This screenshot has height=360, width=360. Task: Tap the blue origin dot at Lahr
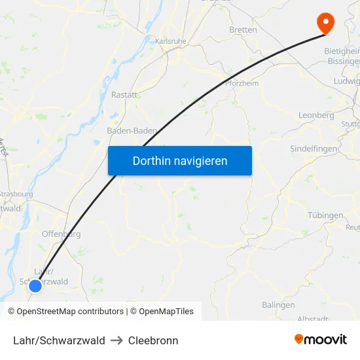36,285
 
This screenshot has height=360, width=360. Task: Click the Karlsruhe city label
170,41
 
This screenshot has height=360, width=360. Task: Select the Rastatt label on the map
124,95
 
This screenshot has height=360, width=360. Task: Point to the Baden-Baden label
132,131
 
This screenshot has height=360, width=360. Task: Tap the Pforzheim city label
242,84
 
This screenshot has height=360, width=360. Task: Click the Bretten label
243,30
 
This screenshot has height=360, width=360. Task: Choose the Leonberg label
316,115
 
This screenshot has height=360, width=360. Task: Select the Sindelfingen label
314,149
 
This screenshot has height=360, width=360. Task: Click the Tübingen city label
325,215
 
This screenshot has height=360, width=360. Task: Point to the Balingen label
278,305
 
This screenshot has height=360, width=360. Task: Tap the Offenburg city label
61,234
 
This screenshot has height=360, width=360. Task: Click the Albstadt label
312,319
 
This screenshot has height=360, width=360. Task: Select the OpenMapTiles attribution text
162,312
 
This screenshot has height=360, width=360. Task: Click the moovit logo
321,339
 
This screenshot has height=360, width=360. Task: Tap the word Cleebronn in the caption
153,340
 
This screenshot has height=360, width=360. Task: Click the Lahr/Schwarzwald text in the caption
59,340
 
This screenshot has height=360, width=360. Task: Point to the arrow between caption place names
117,340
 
